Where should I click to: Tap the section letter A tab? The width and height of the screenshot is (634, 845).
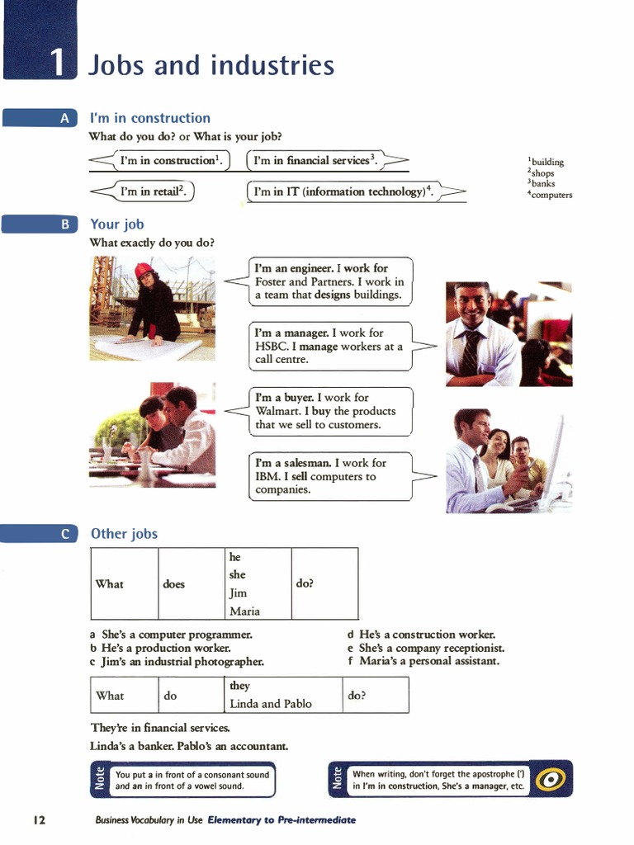coord(64,119)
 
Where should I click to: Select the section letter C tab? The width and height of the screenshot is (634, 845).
coord(64,534)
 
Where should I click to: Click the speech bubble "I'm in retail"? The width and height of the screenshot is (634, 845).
coord(154,191)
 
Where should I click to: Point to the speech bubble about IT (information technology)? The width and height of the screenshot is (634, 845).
coord(343,191)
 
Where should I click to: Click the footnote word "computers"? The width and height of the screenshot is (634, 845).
coord(551,195)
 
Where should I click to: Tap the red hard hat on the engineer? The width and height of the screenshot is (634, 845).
coord(144,270)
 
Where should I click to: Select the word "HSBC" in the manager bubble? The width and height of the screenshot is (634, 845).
coord(272,347)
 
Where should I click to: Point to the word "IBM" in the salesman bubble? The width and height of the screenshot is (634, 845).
coord(267,476)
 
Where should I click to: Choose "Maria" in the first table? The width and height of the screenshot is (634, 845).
coord(244,611)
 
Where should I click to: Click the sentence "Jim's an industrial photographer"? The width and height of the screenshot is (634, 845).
coord(182,661)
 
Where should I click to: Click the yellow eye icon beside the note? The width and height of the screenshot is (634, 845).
coord(551,779)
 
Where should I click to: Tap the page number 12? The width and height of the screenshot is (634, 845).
coord(39,820)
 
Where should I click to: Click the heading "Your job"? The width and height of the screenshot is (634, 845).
coord(117,224)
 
